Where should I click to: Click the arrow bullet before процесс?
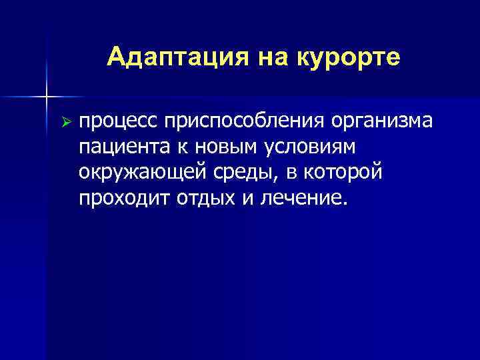(65, 122)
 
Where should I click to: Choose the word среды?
(243, 173)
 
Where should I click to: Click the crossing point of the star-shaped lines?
(46, 97)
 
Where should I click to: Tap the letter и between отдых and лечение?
(243, 198)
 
